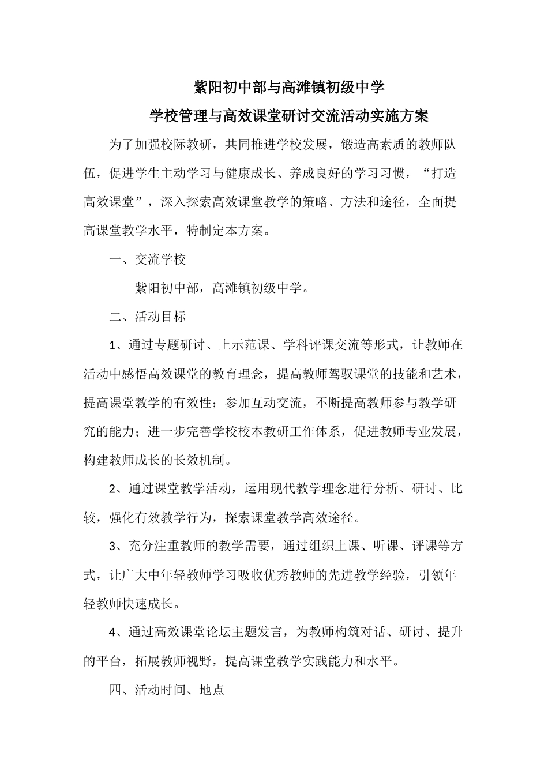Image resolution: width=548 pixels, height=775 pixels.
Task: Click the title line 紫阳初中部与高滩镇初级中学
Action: [289, 88]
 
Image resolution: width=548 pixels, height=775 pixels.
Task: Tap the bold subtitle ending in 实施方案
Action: [289, 116]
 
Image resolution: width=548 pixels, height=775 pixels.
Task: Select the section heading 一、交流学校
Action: [148, 259]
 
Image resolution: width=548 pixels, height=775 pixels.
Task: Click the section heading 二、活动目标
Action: [148, 317]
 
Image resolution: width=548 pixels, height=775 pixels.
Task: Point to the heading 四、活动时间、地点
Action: [167, 690]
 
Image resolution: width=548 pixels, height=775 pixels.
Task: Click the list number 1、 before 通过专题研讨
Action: [118, 345]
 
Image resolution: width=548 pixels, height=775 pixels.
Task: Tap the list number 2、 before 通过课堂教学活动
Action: [118, 489]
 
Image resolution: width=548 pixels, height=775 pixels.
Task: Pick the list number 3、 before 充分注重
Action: [118, 546]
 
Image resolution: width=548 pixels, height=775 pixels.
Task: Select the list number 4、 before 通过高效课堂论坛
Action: [118, 633]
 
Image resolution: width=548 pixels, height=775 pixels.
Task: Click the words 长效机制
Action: [205, 460]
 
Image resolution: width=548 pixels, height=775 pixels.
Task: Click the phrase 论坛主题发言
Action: [250, 633]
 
